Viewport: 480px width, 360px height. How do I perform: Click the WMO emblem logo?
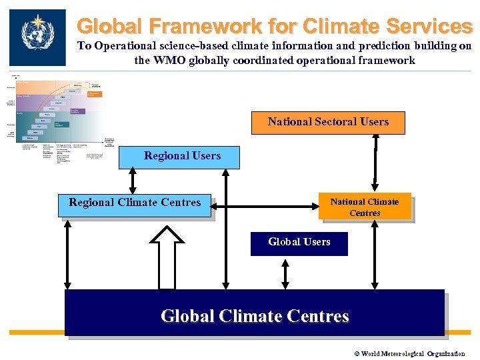tap(37, 37)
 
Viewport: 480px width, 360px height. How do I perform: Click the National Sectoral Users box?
tap(328, 122)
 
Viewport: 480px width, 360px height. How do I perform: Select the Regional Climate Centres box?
tap(135, 203)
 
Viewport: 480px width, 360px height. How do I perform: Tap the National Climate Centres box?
tap(365, 207)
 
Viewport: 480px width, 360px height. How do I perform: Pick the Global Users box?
tap(299, 242)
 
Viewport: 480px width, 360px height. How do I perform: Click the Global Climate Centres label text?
tap(255, 315)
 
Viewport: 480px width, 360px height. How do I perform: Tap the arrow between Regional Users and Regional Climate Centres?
tap(132, 181)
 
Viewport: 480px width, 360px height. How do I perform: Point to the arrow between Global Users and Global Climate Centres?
tap(285, 273)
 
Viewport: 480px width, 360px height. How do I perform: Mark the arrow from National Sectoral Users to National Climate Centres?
tap(376, 163)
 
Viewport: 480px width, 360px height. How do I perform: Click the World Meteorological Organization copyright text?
tap(409, 354)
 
